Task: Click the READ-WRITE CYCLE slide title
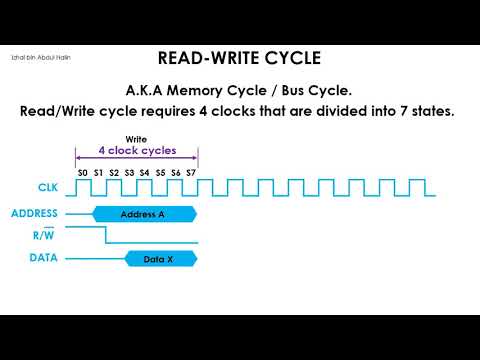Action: pyautogui.click(x=239, y=57)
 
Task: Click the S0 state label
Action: pyautogui.click(x=82, y=173)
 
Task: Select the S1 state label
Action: pyautogui.click(x=98, y=173)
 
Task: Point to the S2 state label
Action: pyautogui.click(x=114, y=173)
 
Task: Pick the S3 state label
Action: pyautogui.click(x=129, y=173)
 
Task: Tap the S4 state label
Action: pyautogui.click(x=145, y=173)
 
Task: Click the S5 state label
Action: pyautogui.click(x=160, y=173)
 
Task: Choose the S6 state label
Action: pyautogui.click(x=176, y=173)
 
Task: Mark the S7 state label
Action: pyautogui.click(x=191, y=173)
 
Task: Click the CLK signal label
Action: pyautogui.click(x=34, y=187)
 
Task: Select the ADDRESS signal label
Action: pyautogui.click(x=34, y=213)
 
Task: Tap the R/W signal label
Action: pyautogui.click(x=43, y=236)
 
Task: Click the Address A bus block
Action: pyautogui.click(x=142, y=214)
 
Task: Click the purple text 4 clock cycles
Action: pyautogui.click(x=137, y=151)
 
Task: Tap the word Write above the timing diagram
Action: pyautogui.click(x=137, y=138)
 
